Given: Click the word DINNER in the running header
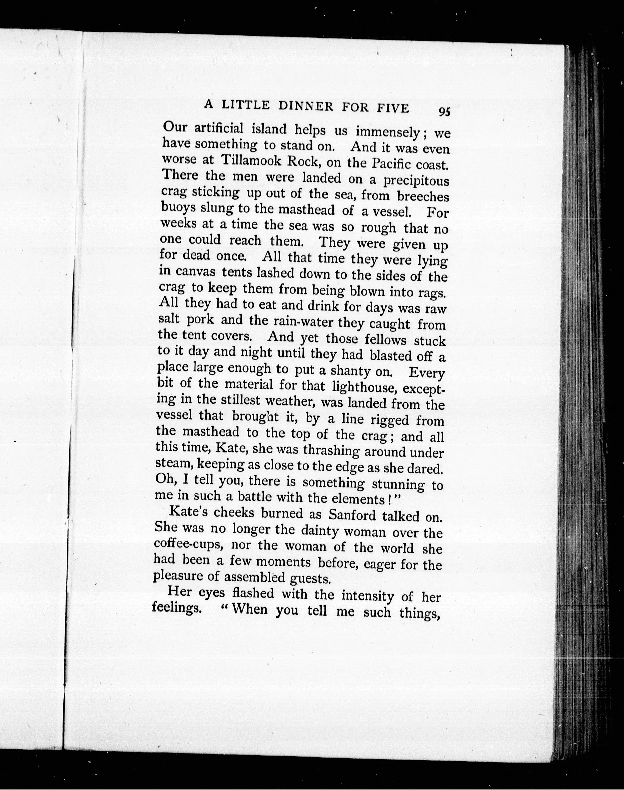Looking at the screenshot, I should click(306, 106).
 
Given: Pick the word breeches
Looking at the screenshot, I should click(423, 197).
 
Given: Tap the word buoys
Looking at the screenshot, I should click(178, 208).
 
